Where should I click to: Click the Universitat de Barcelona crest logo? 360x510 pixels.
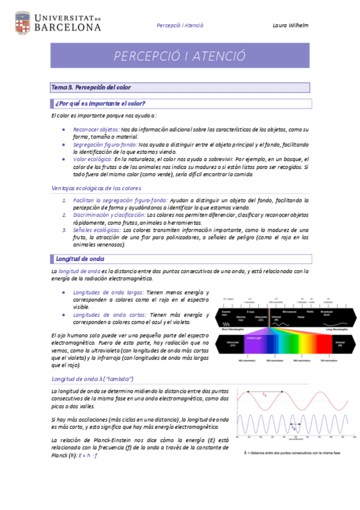coord(22,22)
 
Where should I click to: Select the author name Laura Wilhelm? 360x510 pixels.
coord(290,25)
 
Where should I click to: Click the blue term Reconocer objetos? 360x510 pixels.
coord(96,129)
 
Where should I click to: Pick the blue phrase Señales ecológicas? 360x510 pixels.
coord(96,230)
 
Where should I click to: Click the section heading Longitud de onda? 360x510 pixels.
coord(79,259)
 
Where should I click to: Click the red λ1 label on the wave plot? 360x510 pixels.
coord(266,395)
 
